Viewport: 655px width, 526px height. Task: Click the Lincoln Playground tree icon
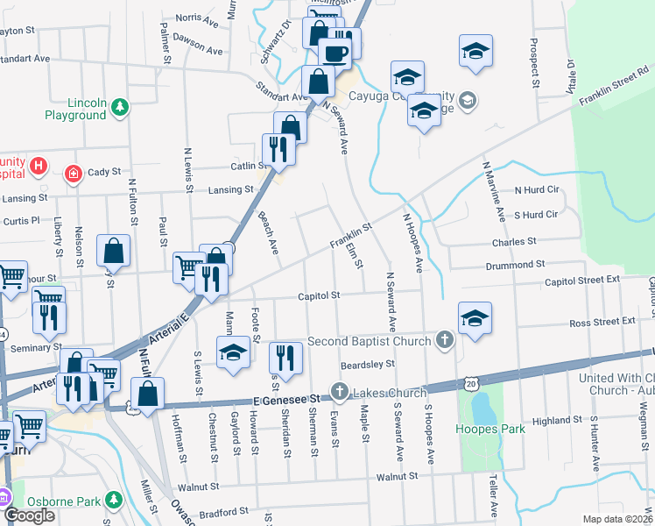[119, 107]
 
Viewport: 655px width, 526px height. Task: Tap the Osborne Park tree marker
[112, 500]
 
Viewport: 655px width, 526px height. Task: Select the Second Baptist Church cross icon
[445, 341]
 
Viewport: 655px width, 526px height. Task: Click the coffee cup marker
[335, 53]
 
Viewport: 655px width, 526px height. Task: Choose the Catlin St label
[248, 166]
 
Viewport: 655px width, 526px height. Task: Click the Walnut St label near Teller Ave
[397, 477]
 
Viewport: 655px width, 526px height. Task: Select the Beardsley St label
[368, 363]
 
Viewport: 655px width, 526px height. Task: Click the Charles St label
[514, 241]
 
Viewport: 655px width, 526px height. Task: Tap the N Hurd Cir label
[536, 190]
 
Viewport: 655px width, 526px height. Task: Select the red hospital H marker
[38, 165]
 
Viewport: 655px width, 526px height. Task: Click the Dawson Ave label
[194, 38]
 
